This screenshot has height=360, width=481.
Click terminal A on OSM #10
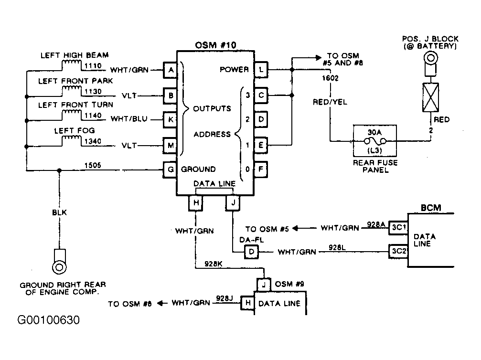pyautogui.click(x=170, y=70)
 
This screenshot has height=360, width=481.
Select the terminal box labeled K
pyautogui.click(x=170, y=119)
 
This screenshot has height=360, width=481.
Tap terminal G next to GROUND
pyautogui.click(x=170, y=169)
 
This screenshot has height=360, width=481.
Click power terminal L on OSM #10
pyautogui.click(x=261, y=70)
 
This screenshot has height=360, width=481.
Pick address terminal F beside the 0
pyautogui.click(x=261, y=169)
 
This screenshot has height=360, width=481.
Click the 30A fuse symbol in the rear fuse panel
pyautogui.click(x=375, y=141)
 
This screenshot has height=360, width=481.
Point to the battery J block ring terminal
pyautogui.click(x=430, y=58)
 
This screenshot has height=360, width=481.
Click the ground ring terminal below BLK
pyautogui.click(x=59, y=267)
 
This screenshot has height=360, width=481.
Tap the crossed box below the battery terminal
pyautogui.click(x=430, y=97)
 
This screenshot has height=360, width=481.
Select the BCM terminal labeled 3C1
pyautogui.click(x=398, y=228)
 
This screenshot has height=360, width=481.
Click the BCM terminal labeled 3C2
pyautogui.click(x=398, y=252)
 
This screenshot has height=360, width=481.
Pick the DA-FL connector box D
pyautogui.click(x=252, y=252)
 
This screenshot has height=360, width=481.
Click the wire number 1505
pyautogui.click(x=93, y=165)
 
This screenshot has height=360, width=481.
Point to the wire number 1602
pyautogui.click(x=330, y=78)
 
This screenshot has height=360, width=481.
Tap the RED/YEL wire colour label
pyautogui.click(x=330, y=102)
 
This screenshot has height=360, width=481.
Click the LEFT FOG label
pyautogui.click(x=75, y=131)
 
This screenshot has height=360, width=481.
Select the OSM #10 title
pyautogui.click(x=215, y=45)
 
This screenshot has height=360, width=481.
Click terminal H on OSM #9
pyautogui.click(x=247, y=303)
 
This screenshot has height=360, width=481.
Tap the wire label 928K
pyautogui.click(x=213, y=264)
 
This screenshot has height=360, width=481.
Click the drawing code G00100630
pyautogui.click(x=48, y=320)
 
